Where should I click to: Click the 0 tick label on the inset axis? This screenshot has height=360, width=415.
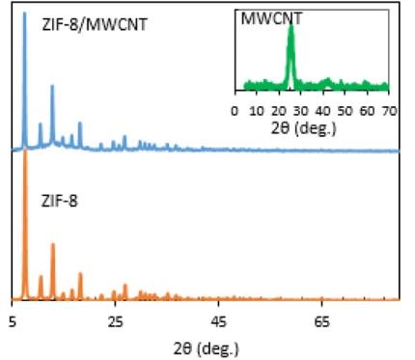tap(235, 111)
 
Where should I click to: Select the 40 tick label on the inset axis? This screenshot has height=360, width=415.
tap(323, 111)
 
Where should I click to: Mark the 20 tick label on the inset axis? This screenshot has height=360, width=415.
tap(279, 111)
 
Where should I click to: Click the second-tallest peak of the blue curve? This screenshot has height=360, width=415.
tap(52, 87)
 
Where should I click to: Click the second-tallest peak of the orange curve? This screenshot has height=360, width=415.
tap(53, 245)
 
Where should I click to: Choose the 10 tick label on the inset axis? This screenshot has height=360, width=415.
tap(257, 111)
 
